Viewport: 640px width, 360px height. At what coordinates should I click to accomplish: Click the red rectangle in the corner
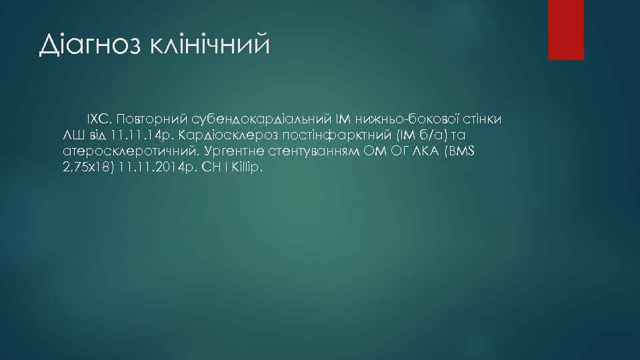click(565, 30)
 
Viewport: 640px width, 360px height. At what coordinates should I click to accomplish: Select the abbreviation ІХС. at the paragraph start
click(99, 119)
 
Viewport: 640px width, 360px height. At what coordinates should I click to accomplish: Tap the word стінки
click(483, 119)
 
